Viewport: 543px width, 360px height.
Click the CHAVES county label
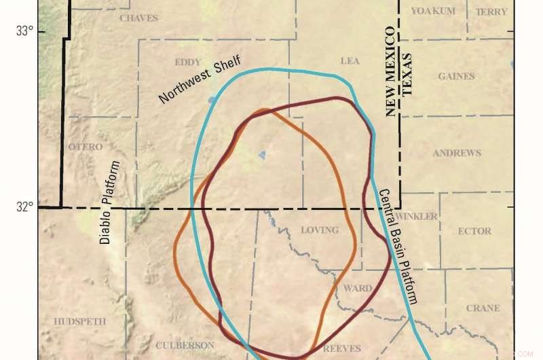coord(138,18)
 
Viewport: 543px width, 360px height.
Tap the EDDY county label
coord(187,62)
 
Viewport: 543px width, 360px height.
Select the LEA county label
coord(350,61)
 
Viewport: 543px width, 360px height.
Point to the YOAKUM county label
coord(432,12)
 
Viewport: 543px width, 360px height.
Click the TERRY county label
coord(491,12)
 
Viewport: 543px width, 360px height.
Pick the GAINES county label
coord(456,76)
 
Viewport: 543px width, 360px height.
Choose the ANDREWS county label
coord(457,153)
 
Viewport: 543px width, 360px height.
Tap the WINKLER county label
coord(416,217)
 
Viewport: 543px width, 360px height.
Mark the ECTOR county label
coord(474,231)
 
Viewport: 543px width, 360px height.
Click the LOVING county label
coord(319,230)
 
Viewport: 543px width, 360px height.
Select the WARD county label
coord(357,288)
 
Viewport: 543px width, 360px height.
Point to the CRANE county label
coord(483,308)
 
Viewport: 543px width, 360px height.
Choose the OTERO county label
coord(86,147)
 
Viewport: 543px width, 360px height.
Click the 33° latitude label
coord(25,31)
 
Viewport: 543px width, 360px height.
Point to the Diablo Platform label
coord(109,202)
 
